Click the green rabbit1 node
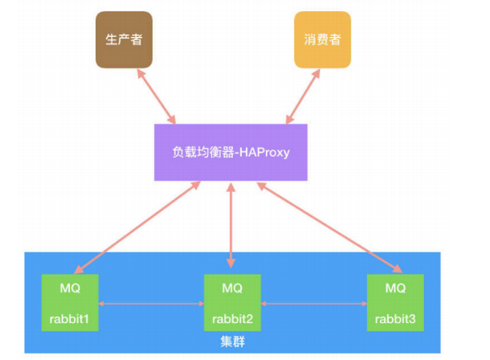pyautogui.click(x=70, y=301)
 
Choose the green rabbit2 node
pyautogui.click(x=232, y=301)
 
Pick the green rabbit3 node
pyautogui.click(x=395, y=301)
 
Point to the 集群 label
pyautogui.click(x=233, y=342)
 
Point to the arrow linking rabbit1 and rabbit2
pyautogui.click(x=151, y=304)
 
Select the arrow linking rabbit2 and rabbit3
pyautogui.click(x=314, y=304)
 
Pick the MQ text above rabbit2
pyautogui.click(x=232, y=288)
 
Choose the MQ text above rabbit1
pyautogui.click(x=70, y=288)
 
